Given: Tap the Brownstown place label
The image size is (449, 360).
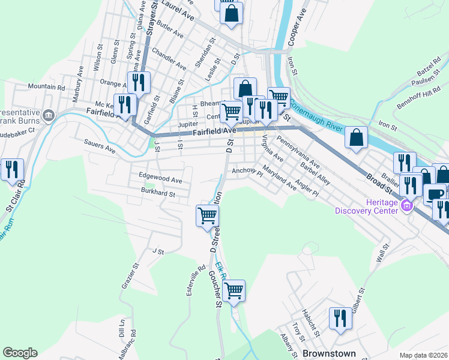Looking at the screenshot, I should point(329,353).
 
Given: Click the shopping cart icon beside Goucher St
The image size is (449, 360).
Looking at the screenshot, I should point(234,291).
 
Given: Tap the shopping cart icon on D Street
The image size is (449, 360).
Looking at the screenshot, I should point(208,215).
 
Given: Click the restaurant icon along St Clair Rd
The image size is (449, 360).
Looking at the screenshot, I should point(12,170).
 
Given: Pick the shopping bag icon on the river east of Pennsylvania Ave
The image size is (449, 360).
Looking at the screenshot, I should point(357,137).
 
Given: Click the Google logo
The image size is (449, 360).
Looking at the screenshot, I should point(20,353).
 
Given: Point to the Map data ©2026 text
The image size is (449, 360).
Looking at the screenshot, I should point(423,355).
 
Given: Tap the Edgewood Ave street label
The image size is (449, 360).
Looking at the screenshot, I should point(160,179).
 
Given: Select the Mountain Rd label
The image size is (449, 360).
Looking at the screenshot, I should point(46,87).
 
